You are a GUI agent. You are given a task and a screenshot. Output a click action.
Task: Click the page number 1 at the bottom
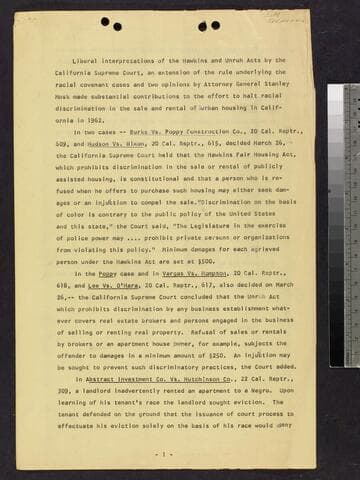(163, 453)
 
